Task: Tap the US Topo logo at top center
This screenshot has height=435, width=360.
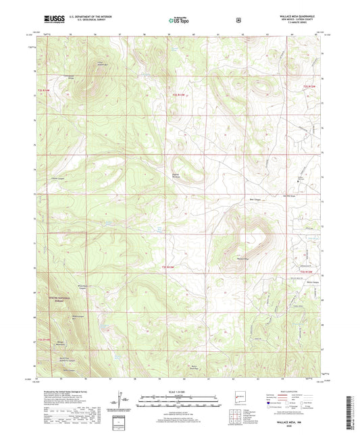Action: [179, 21]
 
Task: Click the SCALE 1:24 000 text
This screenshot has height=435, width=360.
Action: [179, 391]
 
